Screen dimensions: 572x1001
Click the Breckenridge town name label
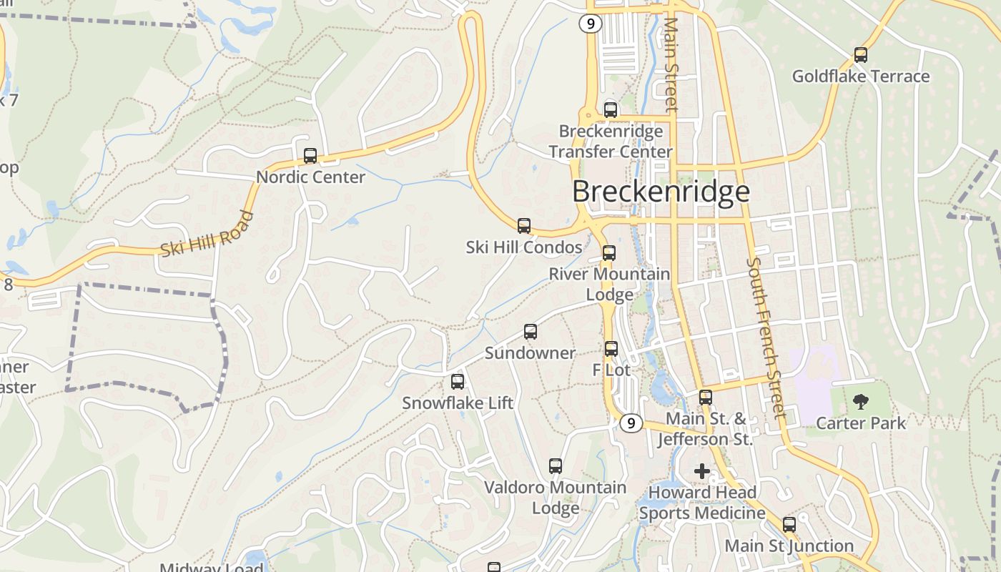(661, 192)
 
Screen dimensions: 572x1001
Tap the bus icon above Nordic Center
(310, 156)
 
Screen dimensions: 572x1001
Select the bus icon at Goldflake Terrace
(861, 54)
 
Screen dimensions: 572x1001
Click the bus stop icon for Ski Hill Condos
(524, 226)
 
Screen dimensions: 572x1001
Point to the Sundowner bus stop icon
(530, 332)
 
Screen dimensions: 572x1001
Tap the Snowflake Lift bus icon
(458, 382)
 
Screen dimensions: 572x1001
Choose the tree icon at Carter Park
(861, 401)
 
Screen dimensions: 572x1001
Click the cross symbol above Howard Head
(702, 471)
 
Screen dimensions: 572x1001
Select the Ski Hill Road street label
(207, 235)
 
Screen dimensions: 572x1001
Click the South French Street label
(766, 337)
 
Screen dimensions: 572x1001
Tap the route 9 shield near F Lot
(630, 423)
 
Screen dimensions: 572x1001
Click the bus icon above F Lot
(611, 349)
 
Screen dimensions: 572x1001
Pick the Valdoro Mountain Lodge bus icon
(556, 466)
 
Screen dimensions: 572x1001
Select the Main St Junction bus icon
(789, 525)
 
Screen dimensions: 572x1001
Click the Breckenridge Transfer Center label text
(611, 142)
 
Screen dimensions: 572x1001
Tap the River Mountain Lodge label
(609, 284)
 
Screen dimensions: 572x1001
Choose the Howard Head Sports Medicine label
(702, 503)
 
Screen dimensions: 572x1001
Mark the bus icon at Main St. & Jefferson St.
(706, 398)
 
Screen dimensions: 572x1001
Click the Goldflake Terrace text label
(861, 77)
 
